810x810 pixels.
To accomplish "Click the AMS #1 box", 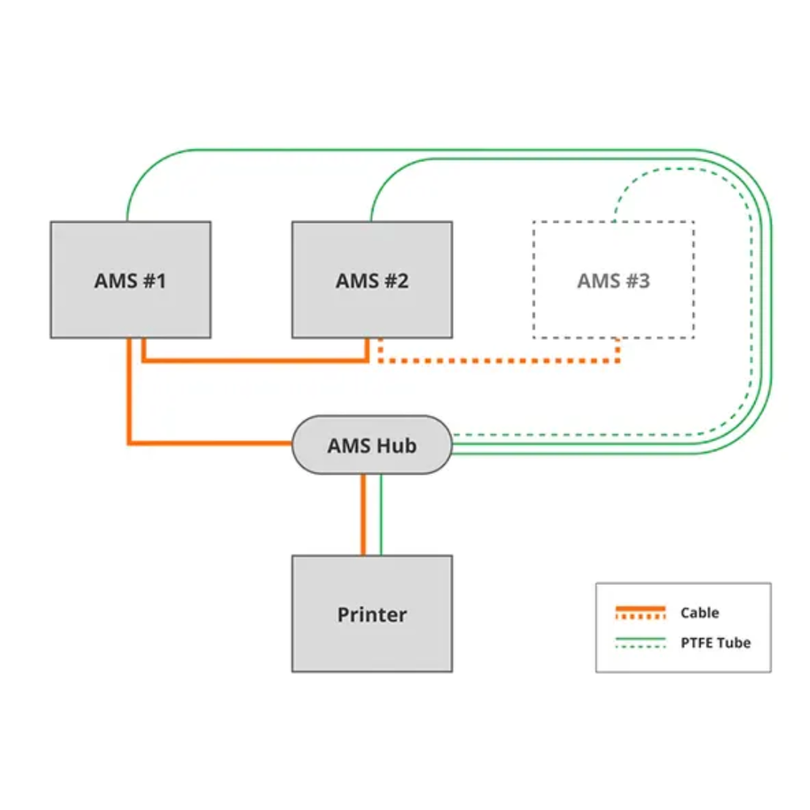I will click(x=131, y=279).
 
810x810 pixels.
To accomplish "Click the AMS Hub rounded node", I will click(x=372, y=445).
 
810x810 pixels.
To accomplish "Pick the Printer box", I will click(x=372, y=614).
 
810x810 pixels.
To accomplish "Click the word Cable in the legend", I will click(x=699, y=612).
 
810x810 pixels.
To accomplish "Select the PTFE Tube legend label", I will click(x=715, y=642).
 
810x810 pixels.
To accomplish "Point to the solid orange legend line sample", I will click(x=641, y=608).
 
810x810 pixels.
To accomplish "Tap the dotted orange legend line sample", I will click(x=641, y=617).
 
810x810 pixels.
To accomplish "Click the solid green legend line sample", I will click(x=641, y=638).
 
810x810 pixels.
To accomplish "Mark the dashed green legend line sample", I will click(x=641, y=647).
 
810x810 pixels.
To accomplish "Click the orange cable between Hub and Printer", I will click(x=364, y=514).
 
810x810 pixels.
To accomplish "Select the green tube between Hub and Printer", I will click(x=381, y=514).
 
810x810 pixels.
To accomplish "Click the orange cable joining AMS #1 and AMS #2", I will click(x=253, y=361).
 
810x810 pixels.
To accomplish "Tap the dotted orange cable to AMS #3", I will click(x=498, y=361).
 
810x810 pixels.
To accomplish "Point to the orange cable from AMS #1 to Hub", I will click(x=129, y=396).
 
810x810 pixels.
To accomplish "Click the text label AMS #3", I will click(x=613, y=281).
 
